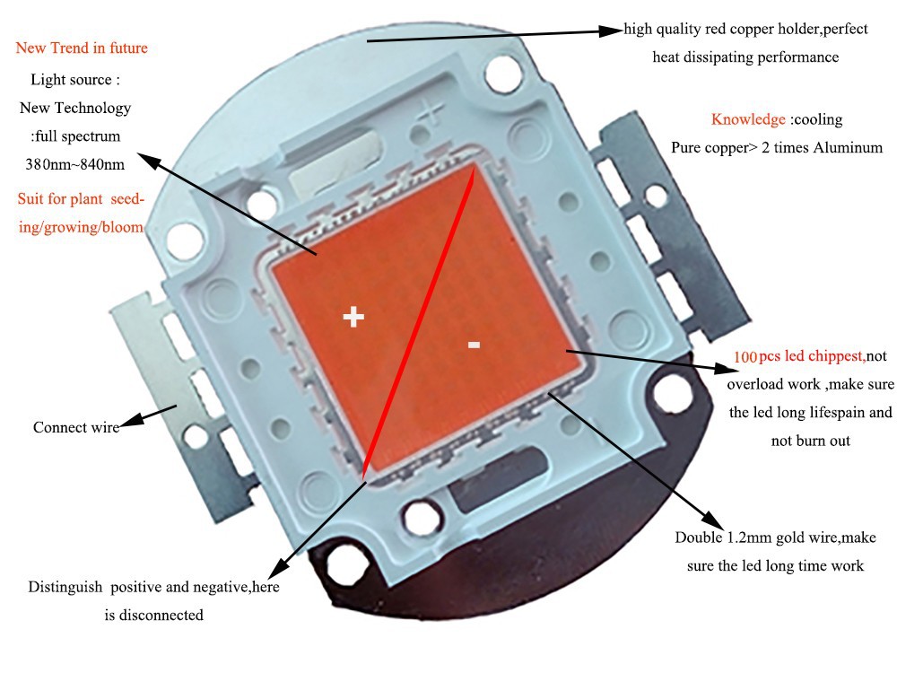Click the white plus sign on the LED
point(354,316)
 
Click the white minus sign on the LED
point(475,344)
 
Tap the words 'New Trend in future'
point(82,48)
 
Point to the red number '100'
point(745,356)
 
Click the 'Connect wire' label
point(75,427)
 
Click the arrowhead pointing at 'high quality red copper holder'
point(614,30)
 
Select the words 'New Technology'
point(75,108)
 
